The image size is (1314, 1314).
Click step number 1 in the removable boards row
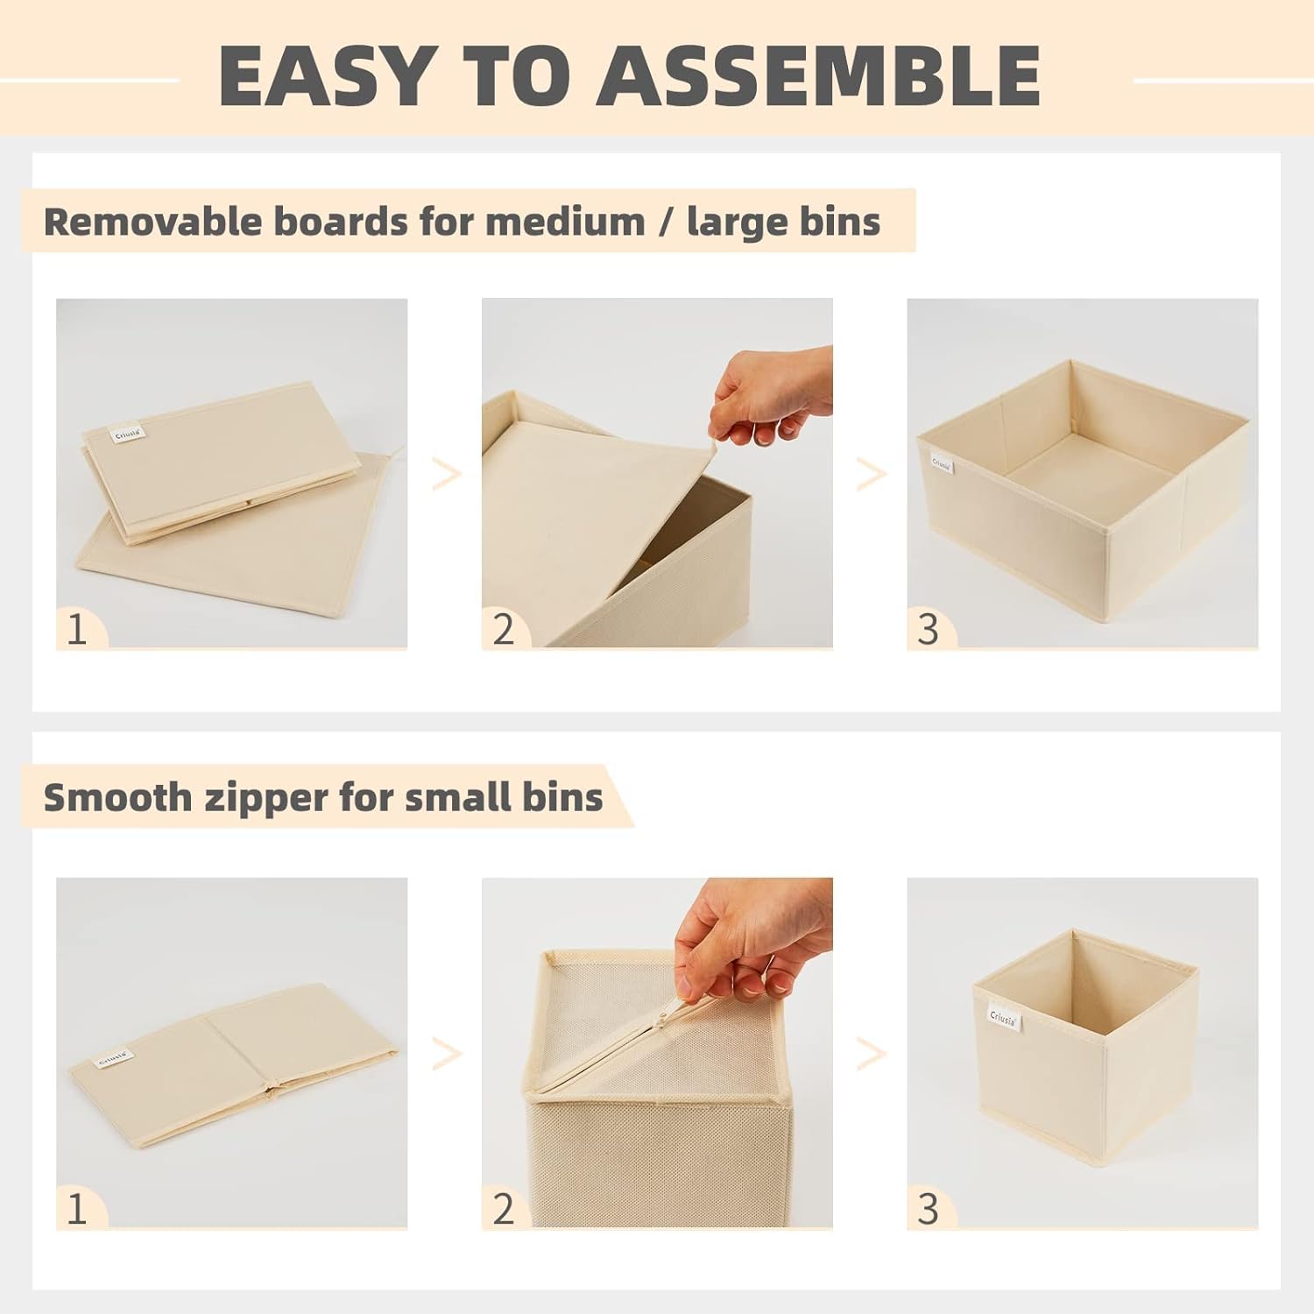(x=77, y=629)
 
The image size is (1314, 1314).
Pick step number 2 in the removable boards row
(x=503, y=629)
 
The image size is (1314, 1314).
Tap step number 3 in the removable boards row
(x=928, y=629)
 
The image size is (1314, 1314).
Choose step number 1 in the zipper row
(x=77, y=1209)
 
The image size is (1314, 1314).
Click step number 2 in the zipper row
(x=503, y=1209)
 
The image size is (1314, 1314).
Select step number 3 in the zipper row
(x=928, y=1209)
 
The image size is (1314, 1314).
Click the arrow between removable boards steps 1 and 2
(x=447, y=475)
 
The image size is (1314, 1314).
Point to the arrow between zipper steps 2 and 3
(x=872, y=1054)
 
